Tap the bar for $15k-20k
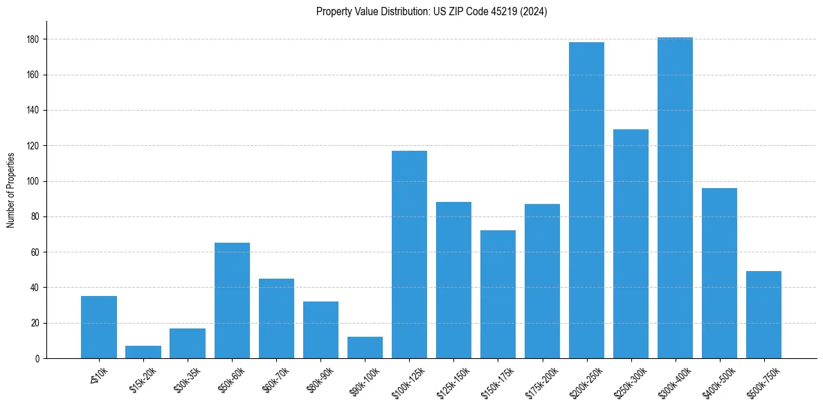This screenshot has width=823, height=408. coord(143,352)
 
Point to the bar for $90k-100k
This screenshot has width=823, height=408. coord(365,348)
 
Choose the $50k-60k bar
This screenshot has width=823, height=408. coord(232,301)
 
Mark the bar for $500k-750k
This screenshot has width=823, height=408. coord(763,315)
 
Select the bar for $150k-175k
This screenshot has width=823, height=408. coord(498,294)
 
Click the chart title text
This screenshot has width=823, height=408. coord(431,11)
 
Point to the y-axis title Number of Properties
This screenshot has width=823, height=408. coord(10,190)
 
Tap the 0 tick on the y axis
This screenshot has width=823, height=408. coord(36,358)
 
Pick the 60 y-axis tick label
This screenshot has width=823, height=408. coord(34,252)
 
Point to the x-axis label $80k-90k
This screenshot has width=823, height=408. coord(318,378)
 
